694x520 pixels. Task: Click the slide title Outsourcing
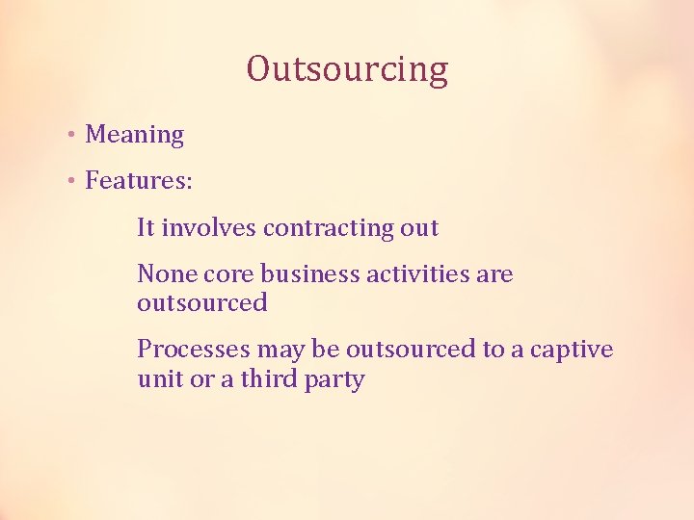[347, 69]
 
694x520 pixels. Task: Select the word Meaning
[134, 135]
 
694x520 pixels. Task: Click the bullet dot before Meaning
[72, 135]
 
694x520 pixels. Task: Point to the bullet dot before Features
[72, 180]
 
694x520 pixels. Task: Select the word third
[271, 378]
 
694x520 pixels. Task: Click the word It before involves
[146, 228]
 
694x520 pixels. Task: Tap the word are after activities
[494, 274]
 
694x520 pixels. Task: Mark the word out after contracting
[419, 228]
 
